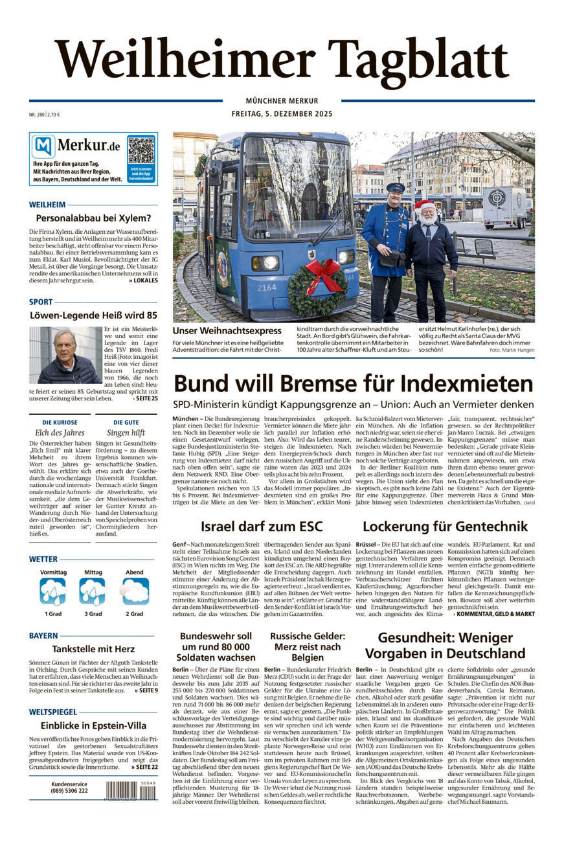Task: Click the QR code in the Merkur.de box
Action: pos(141,150)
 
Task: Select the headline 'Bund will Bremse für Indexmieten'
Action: pos(354,384)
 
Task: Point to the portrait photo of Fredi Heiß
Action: pos(65,355)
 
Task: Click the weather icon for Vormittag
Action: pos(53,591)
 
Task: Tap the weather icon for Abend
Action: pos(135,591)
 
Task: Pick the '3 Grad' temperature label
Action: pos(93,613)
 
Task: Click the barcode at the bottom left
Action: pos(131,790)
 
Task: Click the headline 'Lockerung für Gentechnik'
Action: pos(445,526)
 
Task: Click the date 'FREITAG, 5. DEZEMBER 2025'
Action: pos(282,115)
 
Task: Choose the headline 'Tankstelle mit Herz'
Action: pos(93,650)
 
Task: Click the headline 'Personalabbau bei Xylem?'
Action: pos(93,218)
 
